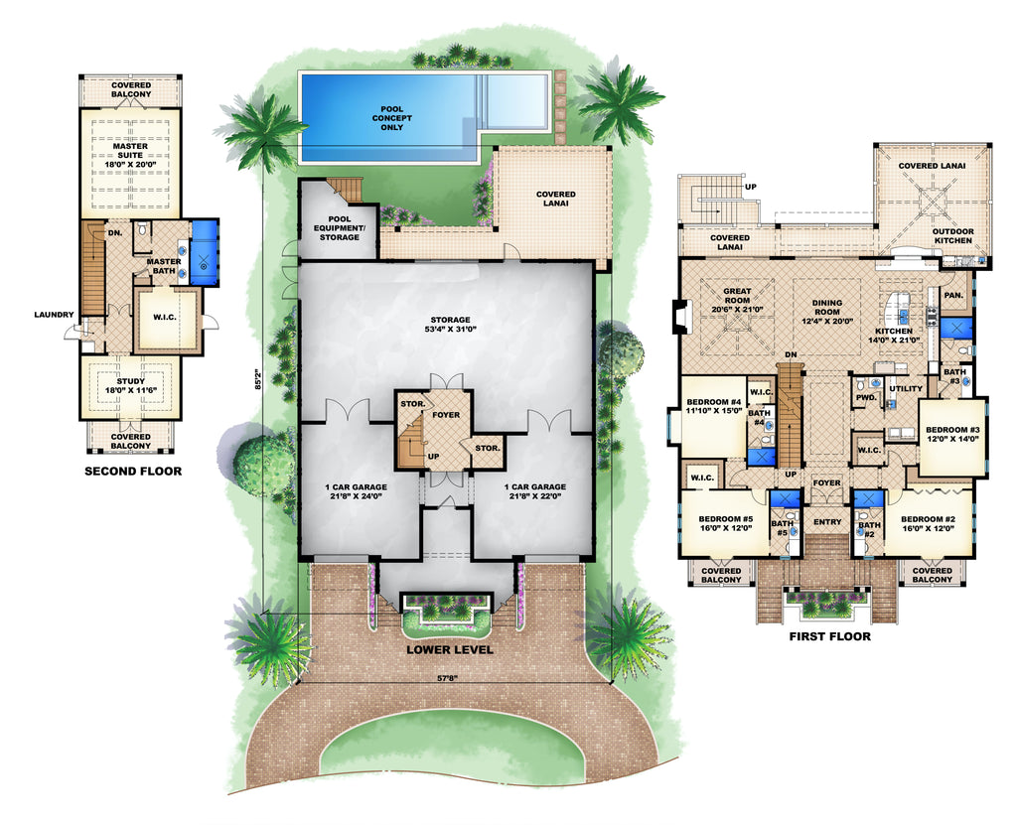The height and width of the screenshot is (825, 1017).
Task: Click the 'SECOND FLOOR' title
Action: click(x=133, y=471)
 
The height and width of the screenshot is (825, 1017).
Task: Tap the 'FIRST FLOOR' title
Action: click(x=829, y=636)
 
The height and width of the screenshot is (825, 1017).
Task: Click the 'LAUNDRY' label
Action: click(x=53, y=315)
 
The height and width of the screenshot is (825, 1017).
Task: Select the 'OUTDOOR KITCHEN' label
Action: click(x=951, y=239)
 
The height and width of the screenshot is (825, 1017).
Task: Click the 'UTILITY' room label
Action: click(x=905, y=388)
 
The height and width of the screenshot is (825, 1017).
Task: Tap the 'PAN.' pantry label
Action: click(x=952, y=295)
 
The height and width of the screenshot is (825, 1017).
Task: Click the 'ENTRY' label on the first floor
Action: click(x=827, y=522)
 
